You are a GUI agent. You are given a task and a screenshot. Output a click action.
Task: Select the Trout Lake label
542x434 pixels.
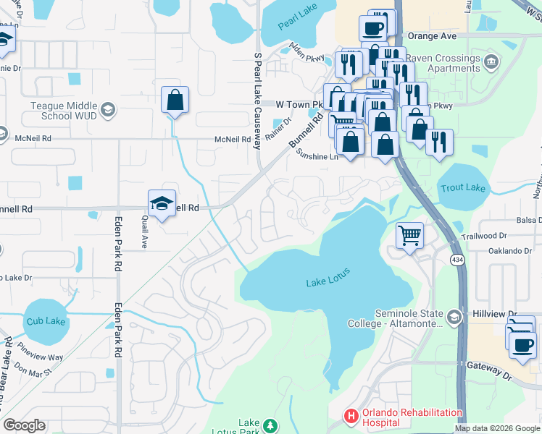(x=462, y=188)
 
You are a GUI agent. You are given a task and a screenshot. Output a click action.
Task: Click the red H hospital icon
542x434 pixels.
(x=351, y=417)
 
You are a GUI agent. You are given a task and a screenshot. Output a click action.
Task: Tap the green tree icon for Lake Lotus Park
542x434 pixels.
(x=270, y=426)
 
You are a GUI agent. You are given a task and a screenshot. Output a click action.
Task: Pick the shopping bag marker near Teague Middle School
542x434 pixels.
(x=175, y=101)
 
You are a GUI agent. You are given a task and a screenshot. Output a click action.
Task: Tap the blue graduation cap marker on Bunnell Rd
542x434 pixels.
(x=162, y=204)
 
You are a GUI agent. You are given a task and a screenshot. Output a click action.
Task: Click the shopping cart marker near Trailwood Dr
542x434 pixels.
(x=409, y=236)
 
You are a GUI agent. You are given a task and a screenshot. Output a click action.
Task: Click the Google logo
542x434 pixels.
(x=24, y=425)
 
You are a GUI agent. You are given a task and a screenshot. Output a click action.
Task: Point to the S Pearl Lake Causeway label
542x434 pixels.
(x=257, y=100)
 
